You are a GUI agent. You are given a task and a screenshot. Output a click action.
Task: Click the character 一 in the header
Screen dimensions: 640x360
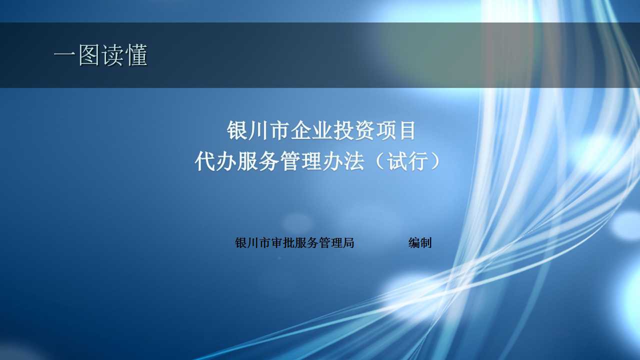pyautogui.click(x=64, y=55)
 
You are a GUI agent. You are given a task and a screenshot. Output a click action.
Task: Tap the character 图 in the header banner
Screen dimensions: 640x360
pyautogui.click(x=89, y=55)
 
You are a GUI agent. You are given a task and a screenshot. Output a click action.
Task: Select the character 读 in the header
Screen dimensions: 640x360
pyautogui.click(x=112, y=55)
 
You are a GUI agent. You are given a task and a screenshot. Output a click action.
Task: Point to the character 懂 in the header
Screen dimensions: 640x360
pyautogui.click(x=136, y=55)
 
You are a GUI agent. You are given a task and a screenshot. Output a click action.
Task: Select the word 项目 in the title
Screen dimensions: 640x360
pyautogui.click(x=395, y=130)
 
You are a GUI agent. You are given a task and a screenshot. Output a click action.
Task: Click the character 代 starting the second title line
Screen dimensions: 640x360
pyautogui.click(x=205, y=161)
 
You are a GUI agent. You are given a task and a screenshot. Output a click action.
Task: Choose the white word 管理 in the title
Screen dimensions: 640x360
pyautogui.click(x=300, y=161)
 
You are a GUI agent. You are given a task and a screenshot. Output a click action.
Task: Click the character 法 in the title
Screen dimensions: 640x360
pyautogui.click(x=354, y=161)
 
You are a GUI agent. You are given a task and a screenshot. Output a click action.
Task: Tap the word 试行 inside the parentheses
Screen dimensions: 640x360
pyautogui.click(x=407, y=161)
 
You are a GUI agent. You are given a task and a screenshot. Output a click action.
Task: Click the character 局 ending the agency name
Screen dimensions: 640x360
pyautogui.click(x=348, y=243)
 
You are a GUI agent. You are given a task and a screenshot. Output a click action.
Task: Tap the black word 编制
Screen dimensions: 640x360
pyautogui.click(x=420, y=243)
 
